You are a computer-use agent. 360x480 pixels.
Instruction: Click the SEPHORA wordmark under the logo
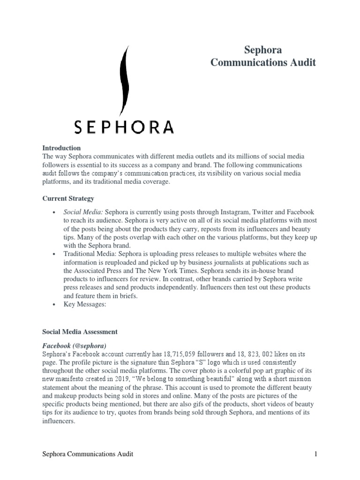[x=124, y=127]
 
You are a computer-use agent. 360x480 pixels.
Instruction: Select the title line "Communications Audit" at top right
[x=263, y=62]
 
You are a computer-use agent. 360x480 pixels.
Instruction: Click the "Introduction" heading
[x=61, y=148]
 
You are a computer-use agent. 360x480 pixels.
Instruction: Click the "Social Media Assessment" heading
[x=80, y=331]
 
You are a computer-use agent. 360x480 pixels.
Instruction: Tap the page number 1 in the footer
[x=316, y=454]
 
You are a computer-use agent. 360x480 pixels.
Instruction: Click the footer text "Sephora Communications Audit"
[x=88, y=454]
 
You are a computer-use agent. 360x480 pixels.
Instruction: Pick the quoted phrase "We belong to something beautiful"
[x=201, y=379]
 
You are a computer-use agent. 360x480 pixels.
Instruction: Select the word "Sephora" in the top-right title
[x=263, y=50]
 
